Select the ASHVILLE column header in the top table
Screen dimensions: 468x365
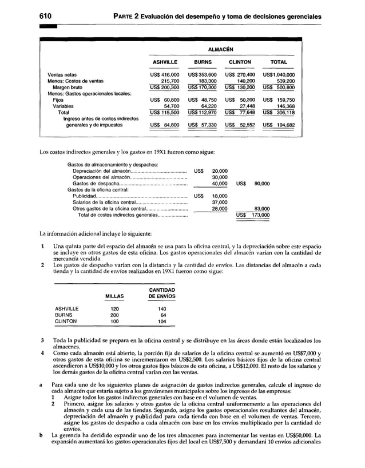163,62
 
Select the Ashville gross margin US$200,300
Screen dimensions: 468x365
164,88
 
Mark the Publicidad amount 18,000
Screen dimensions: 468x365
220,196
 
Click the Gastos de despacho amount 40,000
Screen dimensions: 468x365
220,184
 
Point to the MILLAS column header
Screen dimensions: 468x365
114,296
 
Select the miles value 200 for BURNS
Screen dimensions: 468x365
114,315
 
